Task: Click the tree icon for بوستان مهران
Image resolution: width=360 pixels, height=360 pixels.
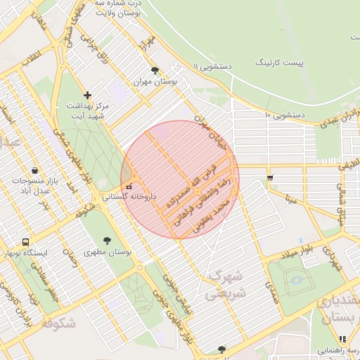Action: coord(155,70)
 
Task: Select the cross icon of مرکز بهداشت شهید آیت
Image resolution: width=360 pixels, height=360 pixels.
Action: coord(87,95)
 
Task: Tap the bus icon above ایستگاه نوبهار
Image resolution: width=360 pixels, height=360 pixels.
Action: coord(26,241)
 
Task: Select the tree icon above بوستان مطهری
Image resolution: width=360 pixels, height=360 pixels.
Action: coord(107,240)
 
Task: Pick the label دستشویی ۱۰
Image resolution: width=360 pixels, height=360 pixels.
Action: coord(284,114)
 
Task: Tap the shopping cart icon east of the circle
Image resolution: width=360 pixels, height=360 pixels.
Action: coord(270,177)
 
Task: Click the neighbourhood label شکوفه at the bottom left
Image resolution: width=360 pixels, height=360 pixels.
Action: coord(58,323)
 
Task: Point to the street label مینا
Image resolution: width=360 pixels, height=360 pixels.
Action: coord(292,198)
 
